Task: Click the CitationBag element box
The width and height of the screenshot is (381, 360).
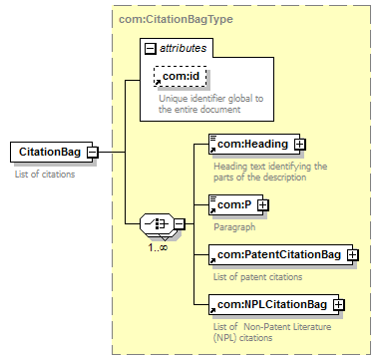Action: [x=52, y=152]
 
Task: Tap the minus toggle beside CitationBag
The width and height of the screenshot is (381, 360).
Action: [x=93, y=153]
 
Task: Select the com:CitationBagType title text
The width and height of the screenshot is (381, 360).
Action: [x=176, y=19]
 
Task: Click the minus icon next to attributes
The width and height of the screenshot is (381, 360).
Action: [x=151, y=49]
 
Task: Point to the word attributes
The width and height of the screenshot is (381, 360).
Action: [x=184, y=48]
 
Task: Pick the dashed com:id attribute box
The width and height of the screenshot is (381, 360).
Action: [x=181, y=77]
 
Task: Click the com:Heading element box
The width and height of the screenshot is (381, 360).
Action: [x=254, y=145]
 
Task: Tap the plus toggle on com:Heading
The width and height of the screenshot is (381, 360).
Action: [x=300, y=145]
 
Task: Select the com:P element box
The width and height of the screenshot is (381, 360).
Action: [x=235, y=205]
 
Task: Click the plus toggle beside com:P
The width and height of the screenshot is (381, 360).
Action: [x=263, y=205]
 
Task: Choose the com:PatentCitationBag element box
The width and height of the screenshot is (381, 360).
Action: [x=280, y=255]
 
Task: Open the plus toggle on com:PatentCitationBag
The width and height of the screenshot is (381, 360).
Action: [x=353, y=255]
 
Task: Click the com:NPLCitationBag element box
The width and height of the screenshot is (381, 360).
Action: [x=273, y=304]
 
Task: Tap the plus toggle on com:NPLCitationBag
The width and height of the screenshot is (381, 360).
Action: [x=339, y=304]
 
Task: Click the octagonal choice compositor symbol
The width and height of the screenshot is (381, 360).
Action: [x=157, y=223]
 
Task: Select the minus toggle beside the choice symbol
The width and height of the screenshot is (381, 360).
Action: [x=180, y=223]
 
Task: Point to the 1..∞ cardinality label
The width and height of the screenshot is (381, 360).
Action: [x=158, y=247]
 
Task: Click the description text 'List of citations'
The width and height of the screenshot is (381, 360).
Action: [x=45, y=175]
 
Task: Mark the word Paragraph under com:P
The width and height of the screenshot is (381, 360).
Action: [x=234, y=227]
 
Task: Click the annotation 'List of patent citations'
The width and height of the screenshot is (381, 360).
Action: [x=258, y=277]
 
